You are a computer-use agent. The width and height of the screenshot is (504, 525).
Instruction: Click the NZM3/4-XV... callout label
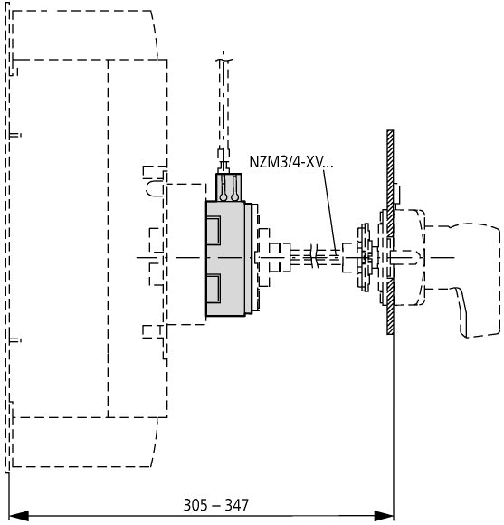(291, 162)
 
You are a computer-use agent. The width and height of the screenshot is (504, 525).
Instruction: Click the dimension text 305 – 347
(216, 505)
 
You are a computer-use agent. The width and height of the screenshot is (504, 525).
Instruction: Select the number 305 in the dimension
(195, 505)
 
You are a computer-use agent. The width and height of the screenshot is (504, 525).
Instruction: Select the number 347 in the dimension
(237, 505)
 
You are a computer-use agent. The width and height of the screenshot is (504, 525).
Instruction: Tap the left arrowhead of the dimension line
(18, 516)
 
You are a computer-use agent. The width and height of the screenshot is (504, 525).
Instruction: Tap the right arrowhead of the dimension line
(384, 516)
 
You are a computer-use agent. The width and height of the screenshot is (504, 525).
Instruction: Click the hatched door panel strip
(390, 232)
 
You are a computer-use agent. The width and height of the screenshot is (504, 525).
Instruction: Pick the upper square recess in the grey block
(214, 230)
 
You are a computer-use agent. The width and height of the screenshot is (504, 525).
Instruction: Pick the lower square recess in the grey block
(214, 288)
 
